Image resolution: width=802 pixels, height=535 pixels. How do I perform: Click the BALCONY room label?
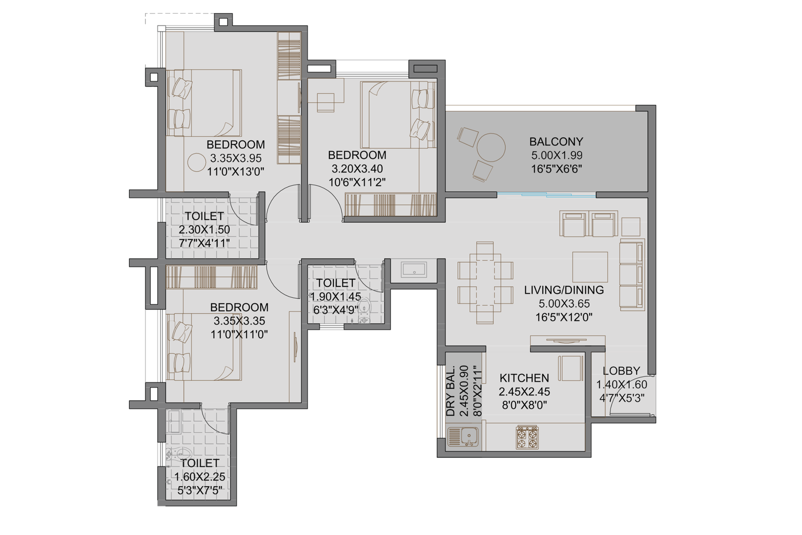[x=556, y=141]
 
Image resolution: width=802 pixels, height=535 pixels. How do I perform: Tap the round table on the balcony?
[x=491, y=147]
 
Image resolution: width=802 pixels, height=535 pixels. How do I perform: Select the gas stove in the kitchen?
[x=527, y=437]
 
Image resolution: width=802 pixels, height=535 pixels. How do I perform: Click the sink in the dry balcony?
[x=463, y=437]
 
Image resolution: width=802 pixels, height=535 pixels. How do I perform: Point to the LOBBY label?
[x=621, y=371]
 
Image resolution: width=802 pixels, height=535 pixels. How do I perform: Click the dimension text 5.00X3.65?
[x=564, y=303]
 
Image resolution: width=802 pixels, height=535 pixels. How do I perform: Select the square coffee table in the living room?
[x=590, y=267]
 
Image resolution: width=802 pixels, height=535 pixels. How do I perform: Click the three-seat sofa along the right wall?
[x=632, y=275]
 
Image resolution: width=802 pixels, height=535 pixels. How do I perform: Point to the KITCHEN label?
[x=524, y=378]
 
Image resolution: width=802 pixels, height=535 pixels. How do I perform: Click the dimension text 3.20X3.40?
[x=357, y=169]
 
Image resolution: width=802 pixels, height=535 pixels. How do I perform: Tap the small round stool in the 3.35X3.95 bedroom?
[x=195, y=162]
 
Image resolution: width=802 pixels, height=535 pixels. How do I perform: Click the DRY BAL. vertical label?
[x=451, y=392]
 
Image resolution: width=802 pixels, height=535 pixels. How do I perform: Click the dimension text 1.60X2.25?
[x=199, y=477]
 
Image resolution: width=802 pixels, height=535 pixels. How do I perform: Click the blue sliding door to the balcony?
[x=546, y=195]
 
